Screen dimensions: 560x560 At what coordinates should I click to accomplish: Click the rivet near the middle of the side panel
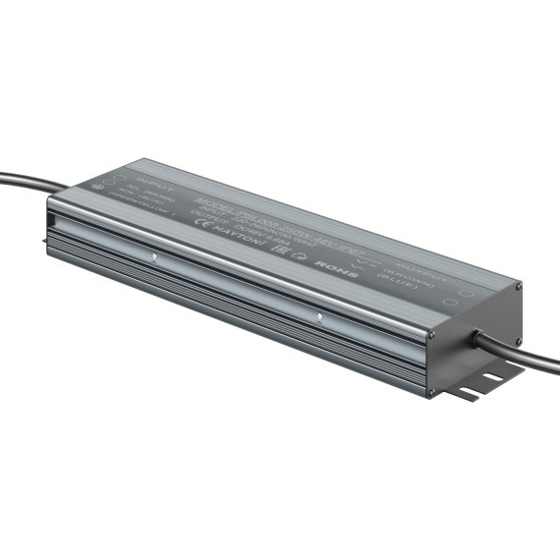coord(319,316)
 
